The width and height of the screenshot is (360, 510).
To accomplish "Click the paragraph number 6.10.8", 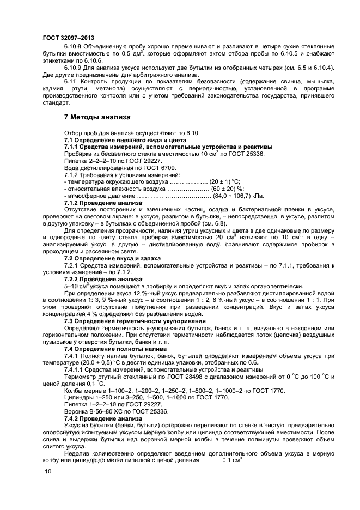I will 74,47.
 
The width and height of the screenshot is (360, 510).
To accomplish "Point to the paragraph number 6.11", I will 71,82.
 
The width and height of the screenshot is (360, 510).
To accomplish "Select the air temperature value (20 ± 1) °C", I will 224,181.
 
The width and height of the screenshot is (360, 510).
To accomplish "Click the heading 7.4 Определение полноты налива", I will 116,348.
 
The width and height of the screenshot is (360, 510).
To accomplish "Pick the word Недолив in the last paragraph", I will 79,453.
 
